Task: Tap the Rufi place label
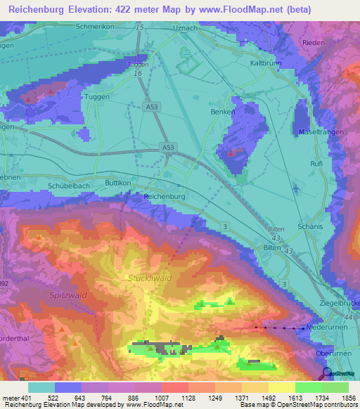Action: coord(316,163)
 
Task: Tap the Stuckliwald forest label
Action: coord(150,278)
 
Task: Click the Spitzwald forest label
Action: coord(67,295)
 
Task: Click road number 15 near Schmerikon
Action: coord(139,27)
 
